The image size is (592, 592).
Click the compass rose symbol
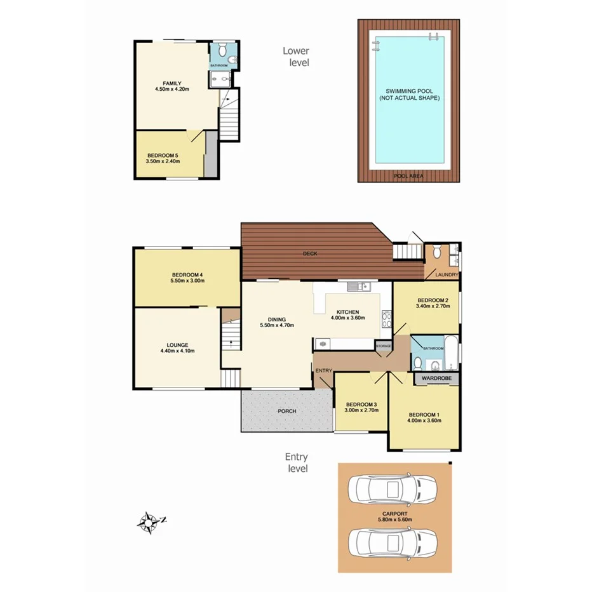(x=150, y=522)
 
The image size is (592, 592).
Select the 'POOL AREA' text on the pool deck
(x=409, y=175)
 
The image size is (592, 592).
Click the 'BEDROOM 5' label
(x=164, y=155)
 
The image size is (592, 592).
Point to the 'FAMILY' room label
(x=172, y=83)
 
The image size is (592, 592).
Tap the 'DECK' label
(x=310, y=253)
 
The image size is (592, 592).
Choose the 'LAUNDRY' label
(x=446, y=275)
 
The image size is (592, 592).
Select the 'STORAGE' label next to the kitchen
(x=384, y=346)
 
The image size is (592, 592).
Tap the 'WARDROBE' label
(x=437, y=378)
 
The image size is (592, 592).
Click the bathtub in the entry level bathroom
(x=450, y=354)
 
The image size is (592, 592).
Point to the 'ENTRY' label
(x=323, y=370)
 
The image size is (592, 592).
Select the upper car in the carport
(x=389, y=489)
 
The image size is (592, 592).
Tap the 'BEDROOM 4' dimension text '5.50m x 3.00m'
(x=187, y=280)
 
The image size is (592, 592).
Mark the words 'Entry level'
(x=297, y=462)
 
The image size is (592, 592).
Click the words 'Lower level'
(x=297, y=57)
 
